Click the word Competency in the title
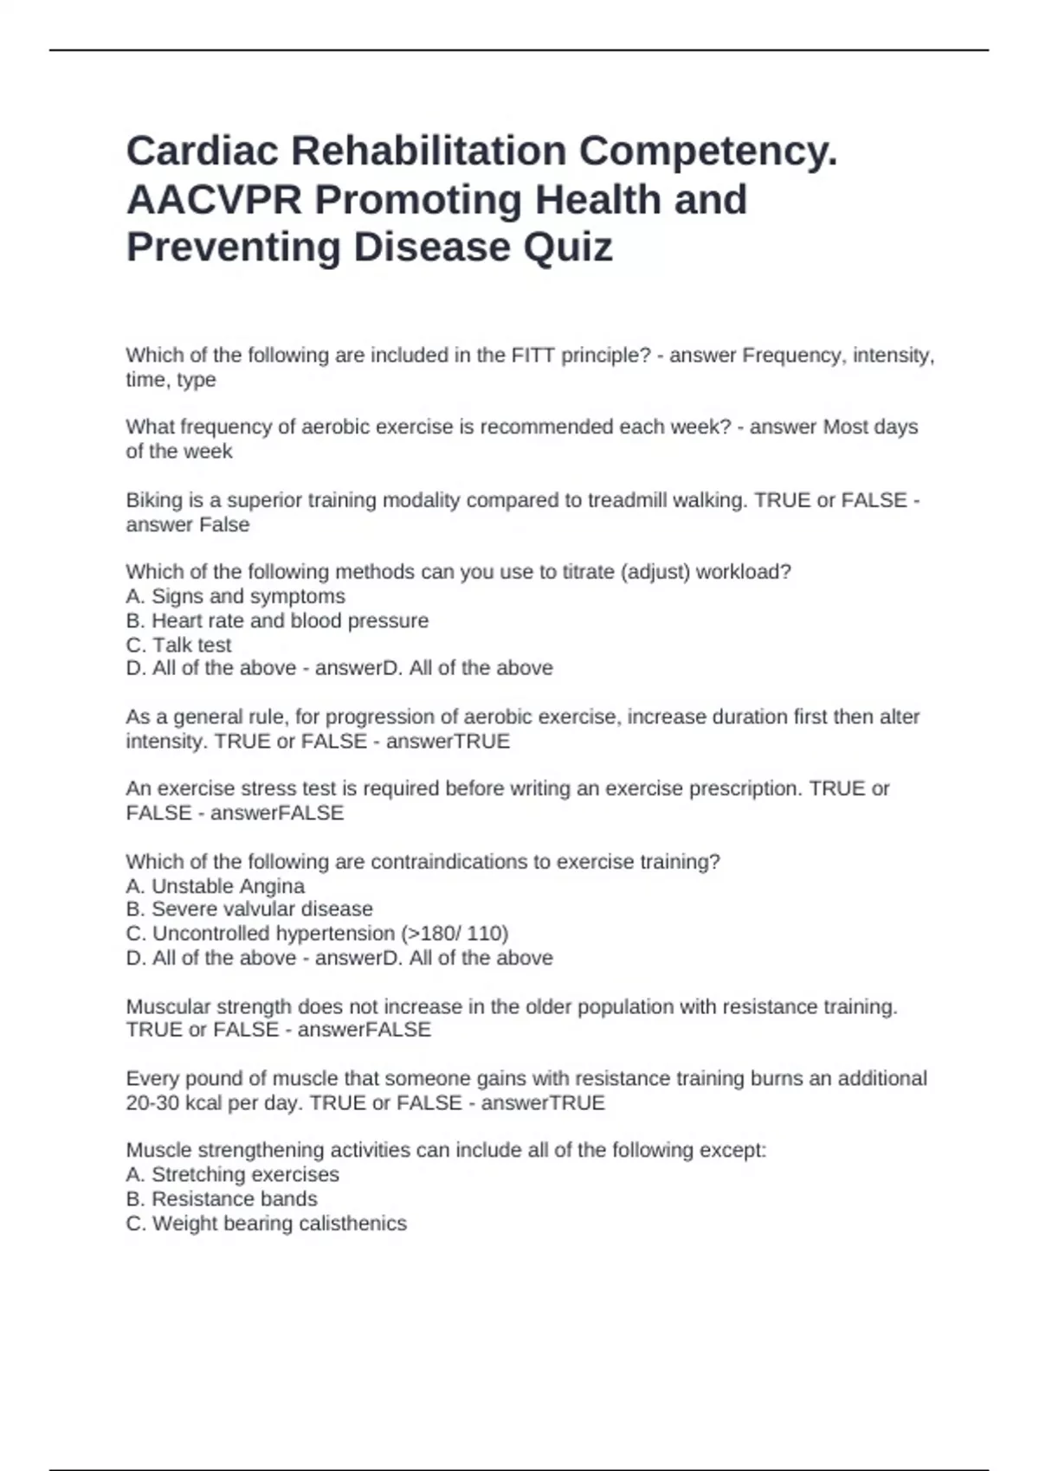[x=707, y=151]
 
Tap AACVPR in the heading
[x=214, y=200]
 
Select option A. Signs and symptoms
[x=236, y=596]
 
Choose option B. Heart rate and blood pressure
[x=277, y=620]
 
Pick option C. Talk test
[x=179, y=645]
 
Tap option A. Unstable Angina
[x=216, y=886]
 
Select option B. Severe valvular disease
[x=249, y=909]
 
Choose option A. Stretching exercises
[x=233, y=1175]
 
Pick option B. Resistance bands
[x=222, y=1199]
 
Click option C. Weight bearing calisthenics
[x=267, y=1224]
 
